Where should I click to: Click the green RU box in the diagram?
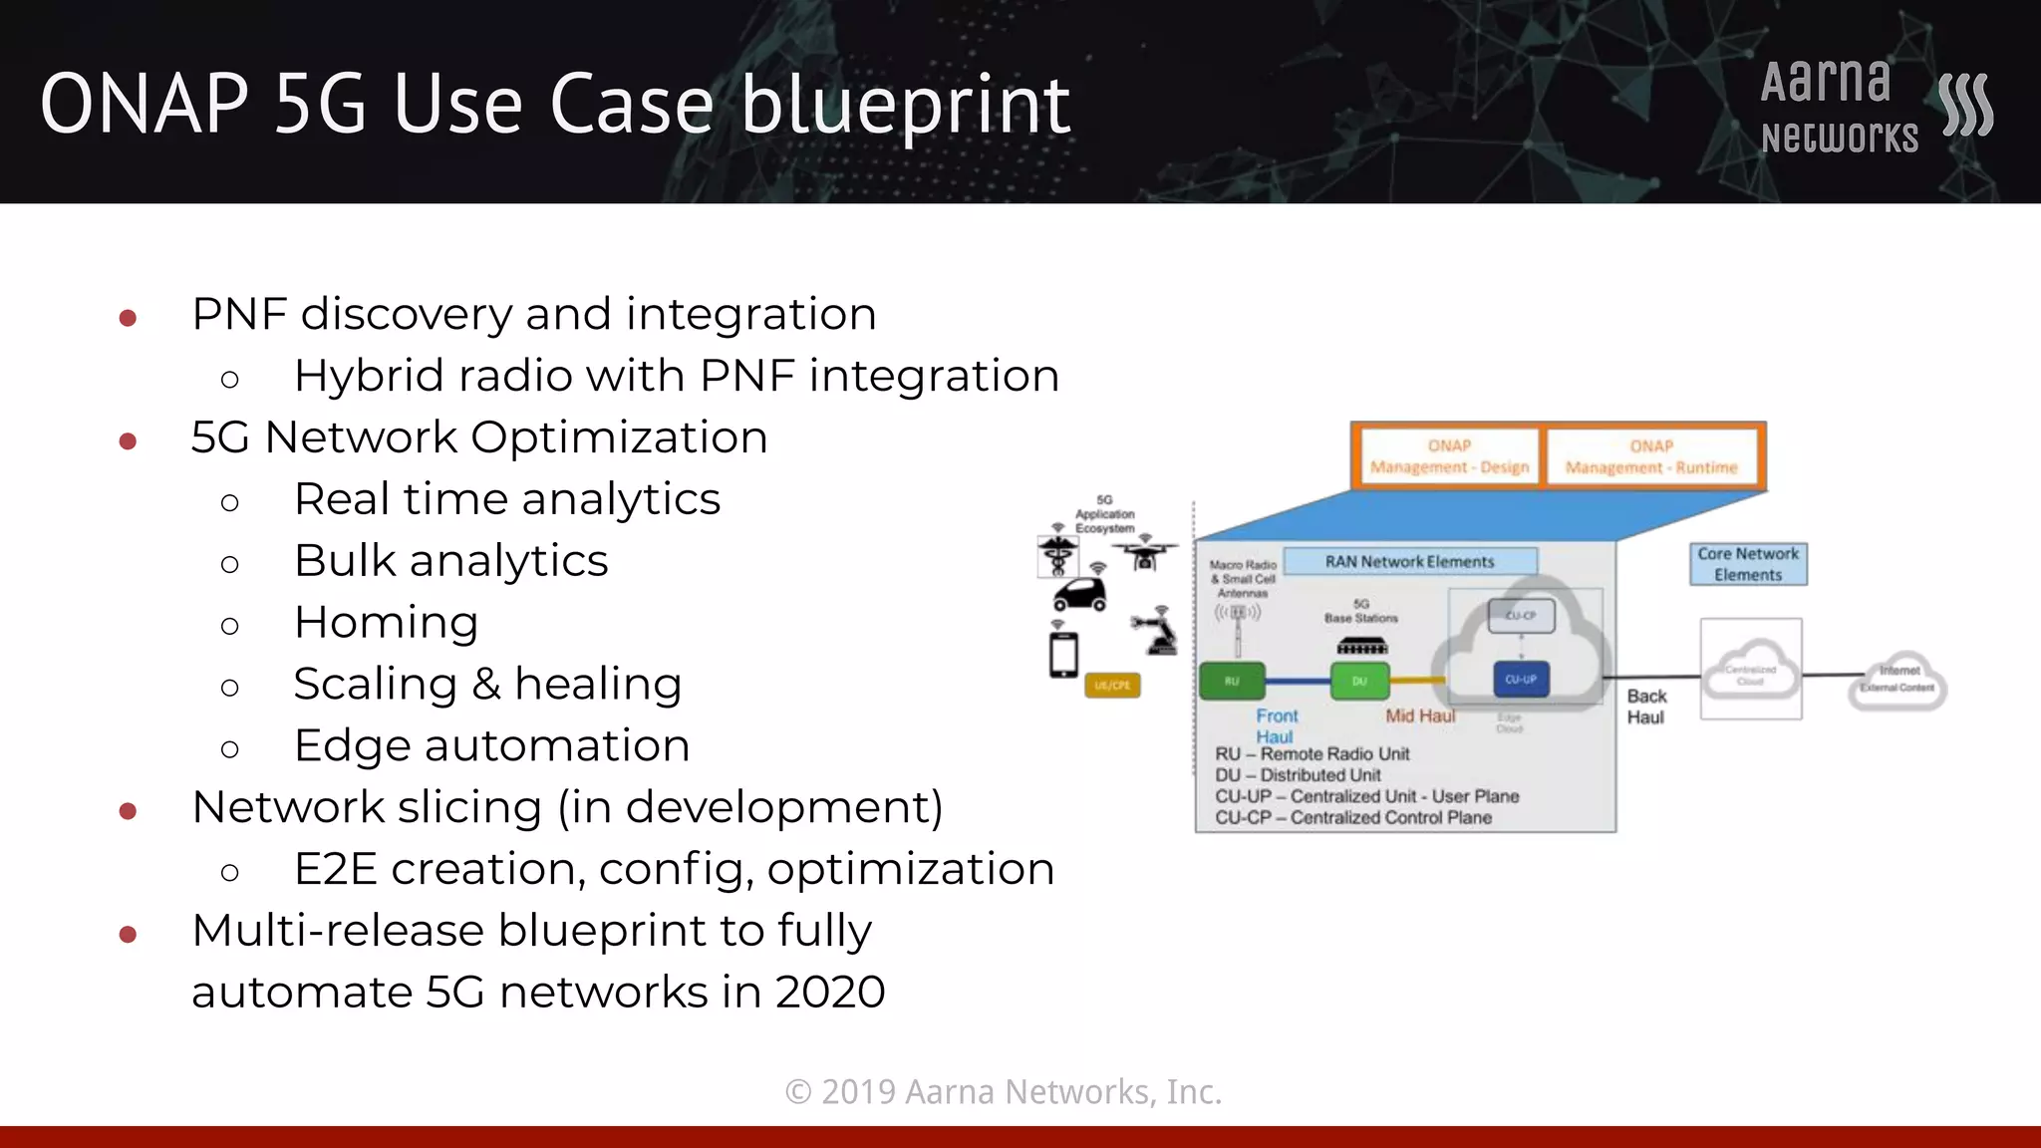coord(1232,682)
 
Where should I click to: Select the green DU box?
coord(1359,682)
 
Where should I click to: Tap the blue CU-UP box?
coord(1521,680)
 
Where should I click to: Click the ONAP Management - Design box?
coord(1449,456)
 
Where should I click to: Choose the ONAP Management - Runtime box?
coord(1651,456)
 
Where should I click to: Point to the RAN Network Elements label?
coord(1409,562)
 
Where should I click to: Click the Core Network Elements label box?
coord(1748,564)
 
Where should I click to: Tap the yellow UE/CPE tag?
coord(1112,686)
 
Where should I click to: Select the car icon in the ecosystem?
coord(1080,596)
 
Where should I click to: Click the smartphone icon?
coord(1064,655)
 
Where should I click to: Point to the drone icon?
coord(1144,555)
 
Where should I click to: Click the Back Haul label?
coord(1646,707)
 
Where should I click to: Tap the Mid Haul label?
coord(1420,716)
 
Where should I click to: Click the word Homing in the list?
coord(386,623)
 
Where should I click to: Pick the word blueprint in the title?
coord(905,106)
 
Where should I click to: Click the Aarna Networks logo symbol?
coord(1965,105)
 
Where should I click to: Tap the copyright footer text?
coord(1004,1092)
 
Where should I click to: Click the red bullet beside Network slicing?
coord(128,811)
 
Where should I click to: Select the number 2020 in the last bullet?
coord(829,993)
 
